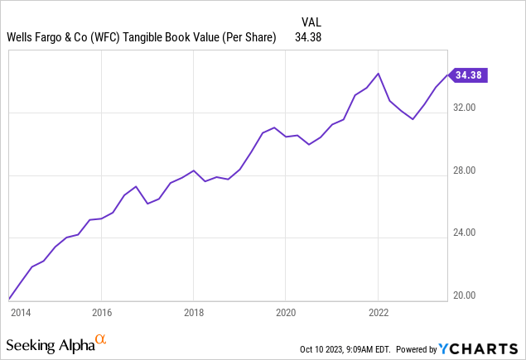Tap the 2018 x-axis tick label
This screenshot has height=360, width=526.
pos(193,313)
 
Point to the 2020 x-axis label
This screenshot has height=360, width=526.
pos(285,313)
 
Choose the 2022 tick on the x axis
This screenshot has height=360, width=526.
pos(378,313)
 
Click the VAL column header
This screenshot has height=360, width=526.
pos(308,21)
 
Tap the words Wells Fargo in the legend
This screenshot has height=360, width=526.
pos(36,36)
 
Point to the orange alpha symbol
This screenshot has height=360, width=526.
pos(101,339)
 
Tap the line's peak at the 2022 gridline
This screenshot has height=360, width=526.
pos(378,74)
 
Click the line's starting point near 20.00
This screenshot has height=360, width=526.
pos(9,298)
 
